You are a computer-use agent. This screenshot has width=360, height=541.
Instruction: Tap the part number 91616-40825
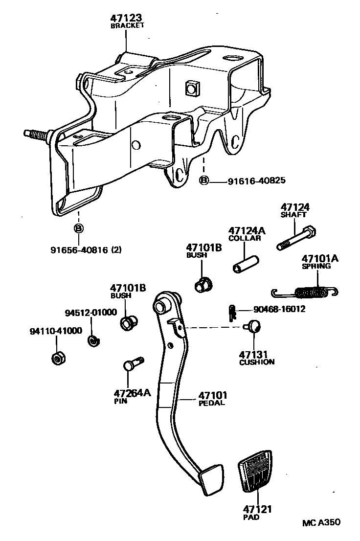click(x=256, y=181)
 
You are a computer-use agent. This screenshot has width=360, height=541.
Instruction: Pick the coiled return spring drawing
click(x=306, y=292)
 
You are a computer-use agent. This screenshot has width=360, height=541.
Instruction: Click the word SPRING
click(x=316, y=267)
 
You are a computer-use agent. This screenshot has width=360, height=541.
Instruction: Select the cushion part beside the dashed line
click(x=253, y=326)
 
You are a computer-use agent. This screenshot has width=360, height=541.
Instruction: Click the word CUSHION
click(x=257, y=362)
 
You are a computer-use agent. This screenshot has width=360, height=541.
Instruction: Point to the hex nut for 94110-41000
click(x=58, y=358)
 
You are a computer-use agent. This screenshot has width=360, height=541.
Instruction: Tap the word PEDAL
click(x=212, y=403)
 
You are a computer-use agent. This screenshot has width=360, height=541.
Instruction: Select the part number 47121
click(x=257, y=509)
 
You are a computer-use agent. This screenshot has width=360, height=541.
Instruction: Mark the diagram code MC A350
click(x=320, y=522)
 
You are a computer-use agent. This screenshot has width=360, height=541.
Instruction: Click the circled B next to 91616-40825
click(x=204, y=181)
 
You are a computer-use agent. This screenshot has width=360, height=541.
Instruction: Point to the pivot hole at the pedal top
click(x=160, y=306)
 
